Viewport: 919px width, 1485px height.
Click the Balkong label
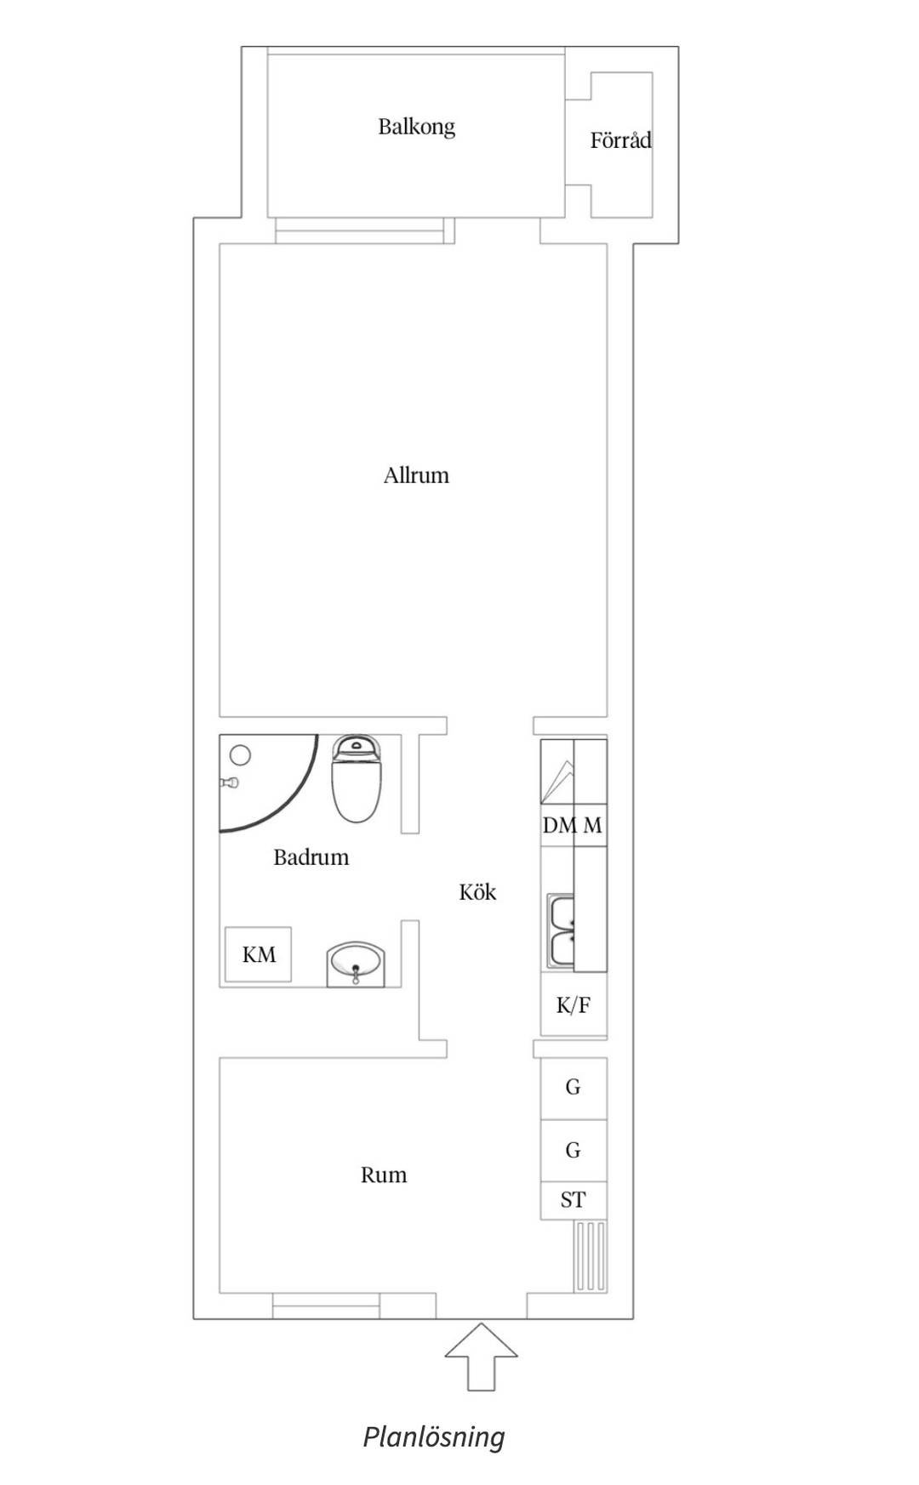pos(416,127)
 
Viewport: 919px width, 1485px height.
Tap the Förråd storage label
pos(621,139)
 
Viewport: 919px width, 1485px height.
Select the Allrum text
pos(416,475)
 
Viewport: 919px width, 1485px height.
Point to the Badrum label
pos(311,856)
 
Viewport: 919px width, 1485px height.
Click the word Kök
pos(477,891)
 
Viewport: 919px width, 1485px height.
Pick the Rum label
pos(384,1175)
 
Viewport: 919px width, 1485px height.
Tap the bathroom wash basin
pos(356,964)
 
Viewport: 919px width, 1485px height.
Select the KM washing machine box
pos(258,955)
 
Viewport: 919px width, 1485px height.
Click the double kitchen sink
pos(561,930)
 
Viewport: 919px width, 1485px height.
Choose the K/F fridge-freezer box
pos(574,1004)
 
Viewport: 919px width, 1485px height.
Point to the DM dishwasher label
pos(559,825)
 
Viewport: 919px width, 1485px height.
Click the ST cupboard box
pos(574,1200)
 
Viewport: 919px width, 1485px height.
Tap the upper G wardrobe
pos(574,1088)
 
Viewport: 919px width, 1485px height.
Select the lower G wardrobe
pos(574,1151)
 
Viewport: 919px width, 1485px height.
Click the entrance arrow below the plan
pos(482,1357)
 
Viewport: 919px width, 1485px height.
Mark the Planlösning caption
pos(434,1437)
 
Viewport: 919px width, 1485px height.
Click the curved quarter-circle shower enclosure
pos(292,805)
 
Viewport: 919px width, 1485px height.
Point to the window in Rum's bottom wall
pos(327,1306)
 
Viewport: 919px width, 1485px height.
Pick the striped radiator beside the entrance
pos(591,1257)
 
